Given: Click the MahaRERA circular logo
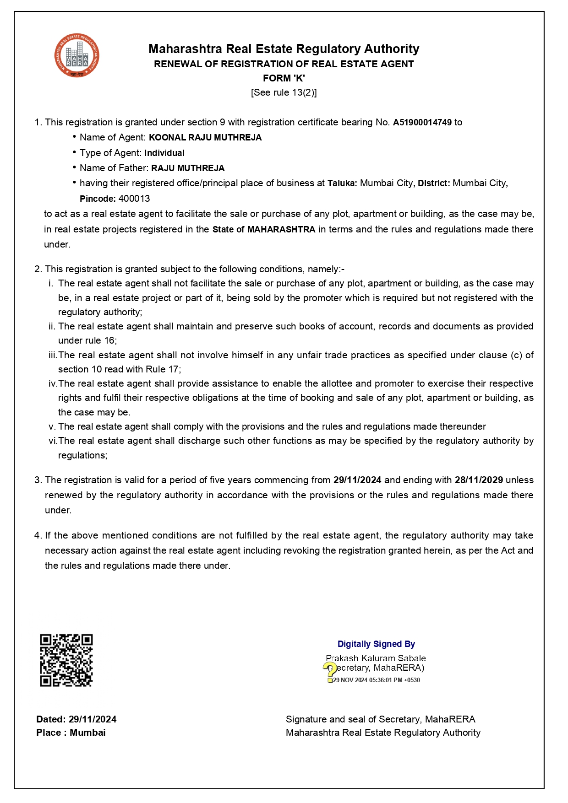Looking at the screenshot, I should tap(76, 56).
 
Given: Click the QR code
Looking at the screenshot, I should tap(66, 660).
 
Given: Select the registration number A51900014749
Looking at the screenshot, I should tap(422, 122).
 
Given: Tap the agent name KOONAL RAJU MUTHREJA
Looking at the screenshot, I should tap(205, 137).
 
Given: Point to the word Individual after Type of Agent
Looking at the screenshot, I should tap(164, 153).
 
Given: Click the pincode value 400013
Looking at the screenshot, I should tap(134, 199).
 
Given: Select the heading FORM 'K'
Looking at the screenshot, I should tap(284, 78).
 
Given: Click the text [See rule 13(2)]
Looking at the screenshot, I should tap(284, 92).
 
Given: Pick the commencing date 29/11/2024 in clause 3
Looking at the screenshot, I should tap(357, 480).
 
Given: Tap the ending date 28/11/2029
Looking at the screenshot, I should tap(479, 480).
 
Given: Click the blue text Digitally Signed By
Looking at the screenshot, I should tap(376, 644).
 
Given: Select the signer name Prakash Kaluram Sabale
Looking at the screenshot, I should tap(376, 658).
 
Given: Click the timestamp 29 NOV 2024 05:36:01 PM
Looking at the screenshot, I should tap(376, 680).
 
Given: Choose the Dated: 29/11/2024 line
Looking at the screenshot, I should tap(76, 719).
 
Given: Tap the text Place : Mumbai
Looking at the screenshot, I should tap(71, 733).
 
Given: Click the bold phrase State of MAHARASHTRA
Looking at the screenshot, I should tap(264, 229).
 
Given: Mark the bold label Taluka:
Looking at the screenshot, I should tap(342, 183).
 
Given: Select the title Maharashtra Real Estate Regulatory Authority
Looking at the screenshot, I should tap(284, 49).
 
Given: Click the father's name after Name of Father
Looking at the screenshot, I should tap(188, 168).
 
